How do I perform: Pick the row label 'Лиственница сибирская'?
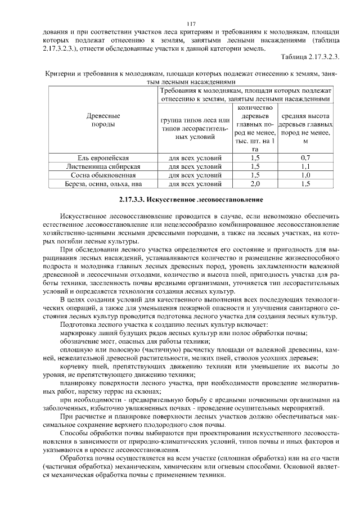(103, 166)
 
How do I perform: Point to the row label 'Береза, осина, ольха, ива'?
(103, 183)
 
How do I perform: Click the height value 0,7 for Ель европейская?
(305, 157)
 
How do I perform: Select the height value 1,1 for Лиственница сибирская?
(305, 166)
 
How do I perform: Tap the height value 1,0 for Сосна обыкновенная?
(305, 175)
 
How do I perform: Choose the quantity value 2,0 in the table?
(254, 183)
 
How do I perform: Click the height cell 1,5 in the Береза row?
(305, 183)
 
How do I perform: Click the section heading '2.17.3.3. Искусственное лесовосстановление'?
(191, 200)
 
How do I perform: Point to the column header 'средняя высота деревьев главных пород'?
(305, 128)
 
